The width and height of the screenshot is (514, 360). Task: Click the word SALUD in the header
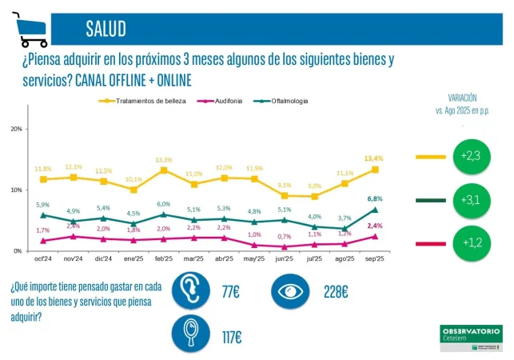pos(106,30)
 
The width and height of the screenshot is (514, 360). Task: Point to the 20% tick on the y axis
pos(16,129)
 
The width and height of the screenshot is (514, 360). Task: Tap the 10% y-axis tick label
pos(16,190)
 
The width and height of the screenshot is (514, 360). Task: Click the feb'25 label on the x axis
pos(163,260)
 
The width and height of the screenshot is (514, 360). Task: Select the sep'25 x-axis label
pos(374,260)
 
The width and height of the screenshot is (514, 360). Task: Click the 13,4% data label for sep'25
pos(373,158)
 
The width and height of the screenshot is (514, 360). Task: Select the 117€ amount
pos(233,334)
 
